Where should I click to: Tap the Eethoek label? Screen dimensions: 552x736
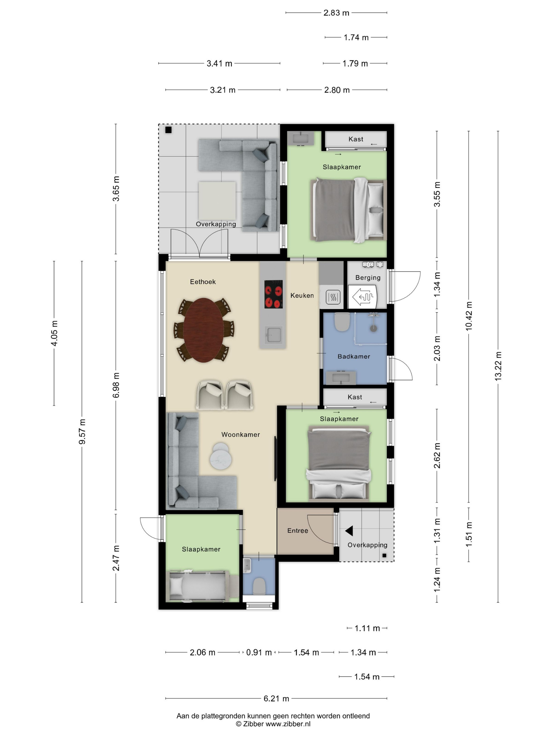203,282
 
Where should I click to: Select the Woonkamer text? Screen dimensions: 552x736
240,435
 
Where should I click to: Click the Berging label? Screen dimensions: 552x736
368,278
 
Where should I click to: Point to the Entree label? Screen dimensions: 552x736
298,530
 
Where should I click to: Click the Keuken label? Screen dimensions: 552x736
302,295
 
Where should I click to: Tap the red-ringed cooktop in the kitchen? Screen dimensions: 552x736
274,294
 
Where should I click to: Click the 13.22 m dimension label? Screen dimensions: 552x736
498,366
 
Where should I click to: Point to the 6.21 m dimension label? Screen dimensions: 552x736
276,698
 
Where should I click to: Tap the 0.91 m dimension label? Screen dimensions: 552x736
259,652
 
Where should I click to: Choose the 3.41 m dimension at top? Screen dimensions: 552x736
219,63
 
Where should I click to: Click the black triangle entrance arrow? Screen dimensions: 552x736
349,531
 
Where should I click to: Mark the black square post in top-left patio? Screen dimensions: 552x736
168,130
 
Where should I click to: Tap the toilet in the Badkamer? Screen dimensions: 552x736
342,322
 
